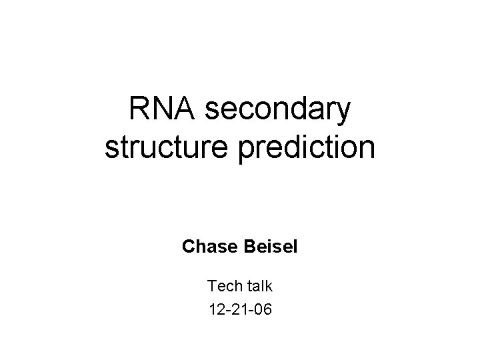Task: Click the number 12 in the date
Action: [x=215, y=309]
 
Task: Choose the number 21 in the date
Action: [x=240, y=309]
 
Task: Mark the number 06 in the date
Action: [x=264, y=309]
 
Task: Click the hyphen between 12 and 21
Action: [x=227, y=310]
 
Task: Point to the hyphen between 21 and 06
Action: [x=252, y=310]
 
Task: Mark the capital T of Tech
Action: [x=211, y=286]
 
